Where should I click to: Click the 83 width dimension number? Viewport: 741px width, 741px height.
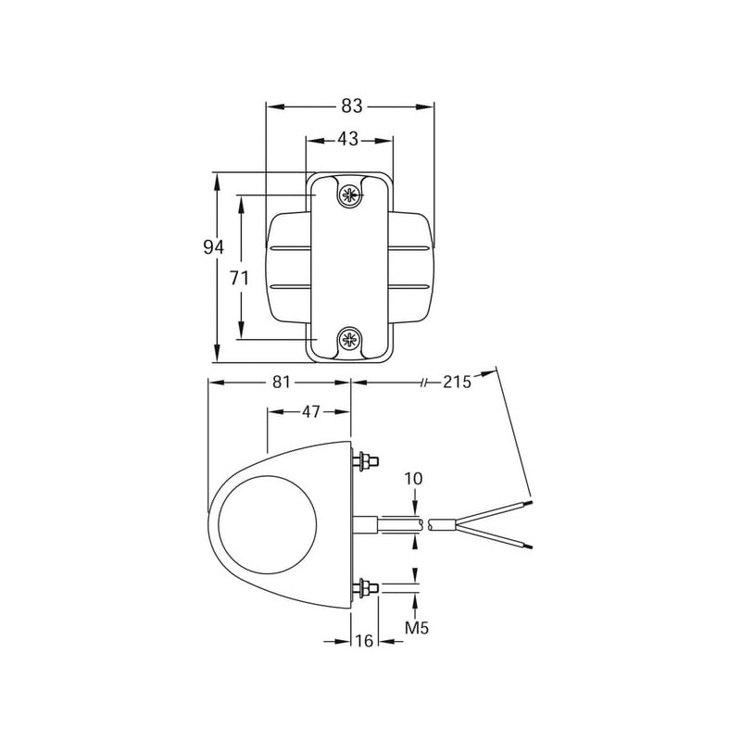(x=352, y=107)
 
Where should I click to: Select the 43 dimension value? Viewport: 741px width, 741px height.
(x=348, y=140)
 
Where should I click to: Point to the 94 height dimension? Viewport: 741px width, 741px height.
(x=214, y=247)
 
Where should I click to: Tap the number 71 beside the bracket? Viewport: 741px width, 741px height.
(x=239, y=279)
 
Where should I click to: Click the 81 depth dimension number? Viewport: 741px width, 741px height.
(x=282, y=382)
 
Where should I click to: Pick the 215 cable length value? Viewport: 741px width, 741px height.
(x=457, y=382)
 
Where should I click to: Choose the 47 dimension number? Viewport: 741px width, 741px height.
(x=310, y=412)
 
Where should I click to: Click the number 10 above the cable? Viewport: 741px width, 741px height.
(x=413, y=479)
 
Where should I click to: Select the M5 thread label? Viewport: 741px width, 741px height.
(x=417, y=628)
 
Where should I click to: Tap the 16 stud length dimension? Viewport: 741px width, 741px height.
(x=364, y=641)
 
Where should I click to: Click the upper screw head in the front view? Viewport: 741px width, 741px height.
(x=350, y=195)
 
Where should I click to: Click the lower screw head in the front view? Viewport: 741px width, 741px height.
(x=350, y=338)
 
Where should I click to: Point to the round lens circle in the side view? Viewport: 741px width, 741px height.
(x=268, y=524)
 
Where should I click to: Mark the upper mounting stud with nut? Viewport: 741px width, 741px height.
(x=366, y=460)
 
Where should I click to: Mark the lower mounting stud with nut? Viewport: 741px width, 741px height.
(x=366, y=588)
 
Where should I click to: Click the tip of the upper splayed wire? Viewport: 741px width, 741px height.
(x=532, y=502)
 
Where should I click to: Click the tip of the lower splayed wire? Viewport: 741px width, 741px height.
(x=532, y=547)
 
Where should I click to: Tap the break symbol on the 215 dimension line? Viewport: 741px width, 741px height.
(x=423, y=382)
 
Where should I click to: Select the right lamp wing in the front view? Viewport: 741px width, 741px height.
(x=411, y=268)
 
